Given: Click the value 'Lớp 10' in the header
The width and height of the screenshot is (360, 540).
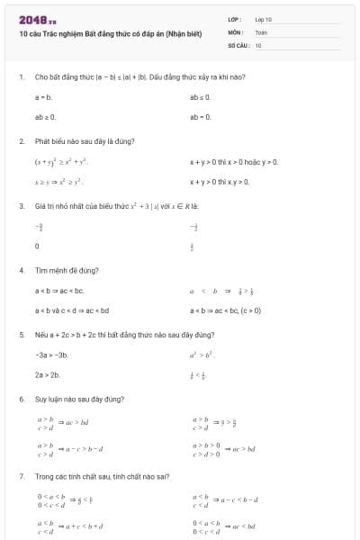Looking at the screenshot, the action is pyautogui.click(x=263, y=18).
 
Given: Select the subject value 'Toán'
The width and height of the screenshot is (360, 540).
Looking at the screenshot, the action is pyautogui.click(x=261, y=31).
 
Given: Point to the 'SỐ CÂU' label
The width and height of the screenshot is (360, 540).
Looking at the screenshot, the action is pyautogui.click(x=238, y=44).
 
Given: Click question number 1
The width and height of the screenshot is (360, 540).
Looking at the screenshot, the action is pyautogui.click(x=21, y=77).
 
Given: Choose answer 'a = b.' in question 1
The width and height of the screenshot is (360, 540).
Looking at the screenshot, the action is pyautogui.click(x=44, y=96).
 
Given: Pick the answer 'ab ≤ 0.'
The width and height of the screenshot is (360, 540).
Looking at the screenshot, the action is pyautogui.click(x=200, y=96).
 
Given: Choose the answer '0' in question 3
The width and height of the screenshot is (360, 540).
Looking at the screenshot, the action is pyautogui.click(x=37, y=246).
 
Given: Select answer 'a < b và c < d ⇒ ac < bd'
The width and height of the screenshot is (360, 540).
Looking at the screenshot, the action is pyautogui.click(x=72, y=310).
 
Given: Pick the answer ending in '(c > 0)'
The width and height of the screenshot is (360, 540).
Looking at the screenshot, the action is pyautogui.click(x=226, y=310).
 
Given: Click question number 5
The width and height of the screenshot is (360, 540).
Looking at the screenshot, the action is pyautogui.click(x=21, y=334).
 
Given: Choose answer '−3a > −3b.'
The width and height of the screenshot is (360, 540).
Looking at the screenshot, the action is pyautogui.click(x=51, y=355).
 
